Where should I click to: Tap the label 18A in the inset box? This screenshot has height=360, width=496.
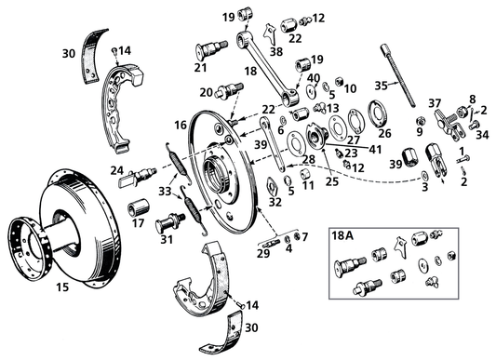click(x=342, y=237)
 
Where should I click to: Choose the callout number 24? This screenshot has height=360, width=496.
click(x=117, y=169)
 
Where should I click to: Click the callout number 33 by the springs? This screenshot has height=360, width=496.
click(x=164, y=192)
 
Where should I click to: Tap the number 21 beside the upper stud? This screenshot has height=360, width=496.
click(x=200, y=67)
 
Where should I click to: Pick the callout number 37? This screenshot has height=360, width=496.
click(x=435, y=102)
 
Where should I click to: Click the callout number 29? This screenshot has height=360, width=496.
click(x=263, y=253)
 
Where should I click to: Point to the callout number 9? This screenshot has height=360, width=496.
click(x=420, y=132)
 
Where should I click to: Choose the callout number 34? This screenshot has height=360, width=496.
click(x=481, y=133)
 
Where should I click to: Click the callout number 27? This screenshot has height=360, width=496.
click(x=353, y=140)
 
